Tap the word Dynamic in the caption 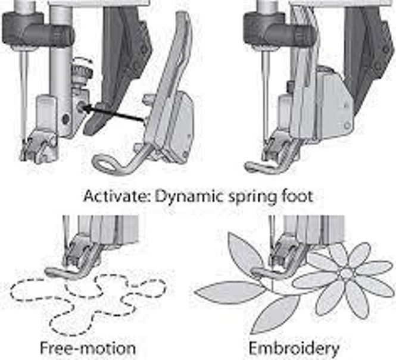tap(189, 198)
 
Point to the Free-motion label tap(88, 348)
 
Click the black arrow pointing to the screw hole tap(114, 114)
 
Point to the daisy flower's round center tap(346, 273)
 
